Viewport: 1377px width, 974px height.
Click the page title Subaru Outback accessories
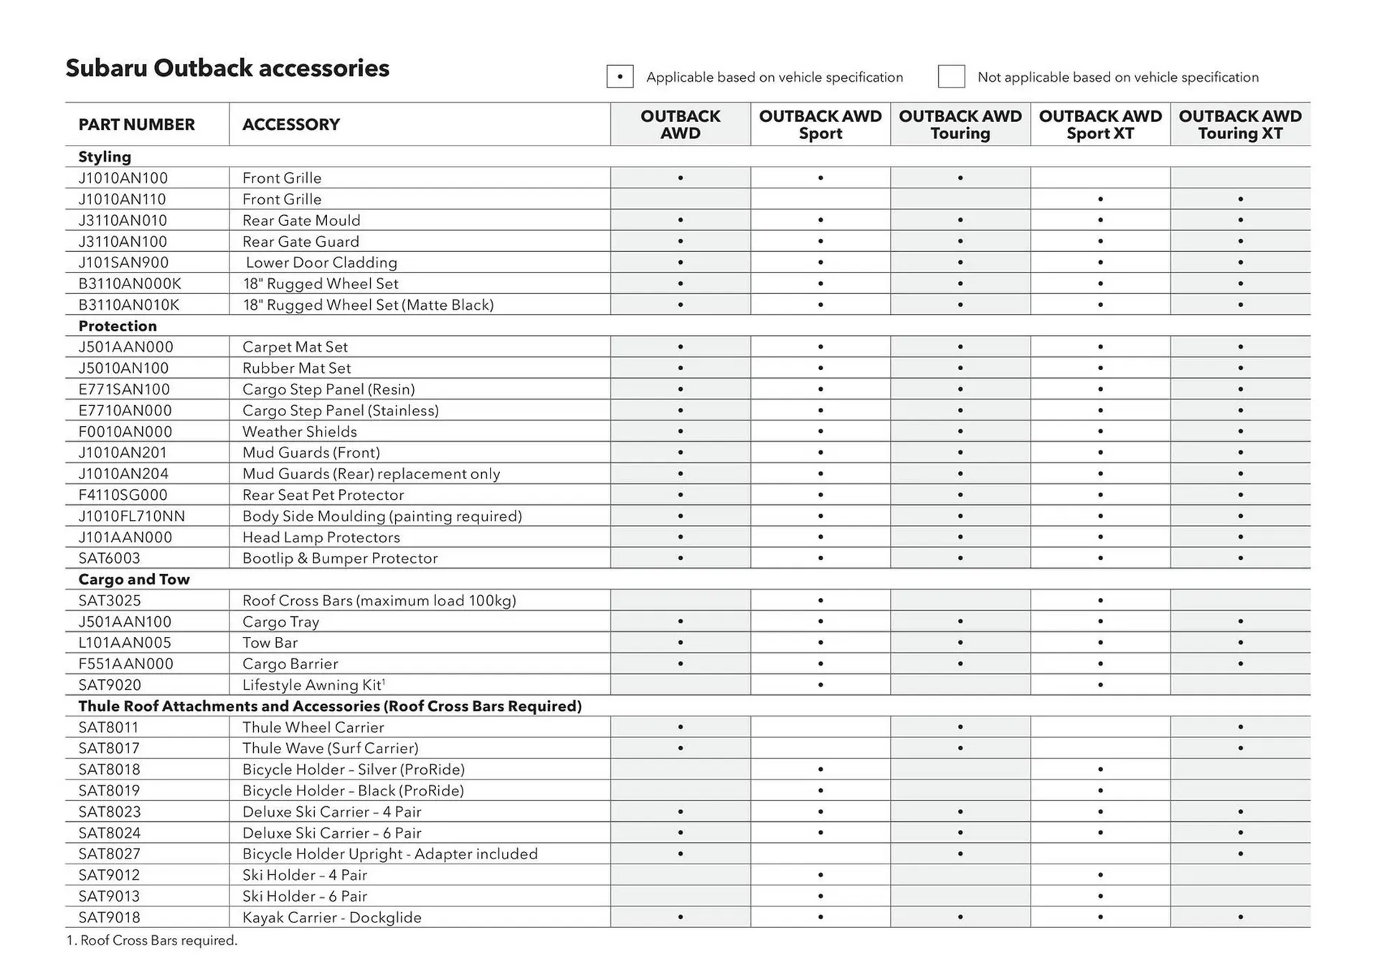(x=227, y=68)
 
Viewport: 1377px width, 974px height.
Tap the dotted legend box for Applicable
(x=620, y=77)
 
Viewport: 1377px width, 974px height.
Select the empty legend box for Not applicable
(x=951, y=77)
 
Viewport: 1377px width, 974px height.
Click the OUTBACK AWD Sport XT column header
(x=1099, y=125)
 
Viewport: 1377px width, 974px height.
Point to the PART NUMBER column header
(x=136, y=125)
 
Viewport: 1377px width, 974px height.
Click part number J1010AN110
(x=122, y=199)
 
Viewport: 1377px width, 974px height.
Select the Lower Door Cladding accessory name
(x=321, y=263)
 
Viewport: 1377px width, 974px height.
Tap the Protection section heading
(x=117, y=326)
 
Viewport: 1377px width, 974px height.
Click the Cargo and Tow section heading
(x=133, y=580)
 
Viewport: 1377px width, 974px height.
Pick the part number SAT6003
(x=109, y=558)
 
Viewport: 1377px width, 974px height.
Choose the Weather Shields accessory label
(x=299, y=432)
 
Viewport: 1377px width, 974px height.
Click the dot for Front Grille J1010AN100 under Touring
(x=960, y=178)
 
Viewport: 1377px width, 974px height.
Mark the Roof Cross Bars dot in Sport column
(x=820, y=600)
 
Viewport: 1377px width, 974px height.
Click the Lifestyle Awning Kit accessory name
(x=313, y=685)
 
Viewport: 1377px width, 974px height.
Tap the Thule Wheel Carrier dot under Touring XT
(x=1240, y=727)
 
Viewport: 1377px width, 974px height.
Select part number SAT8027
(x=109, y=854)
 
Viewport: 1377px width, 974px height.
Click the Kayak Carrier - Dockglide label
(x=331, y=917)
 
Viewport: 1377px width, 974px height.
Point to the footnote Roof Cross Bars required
(x=151, y=940)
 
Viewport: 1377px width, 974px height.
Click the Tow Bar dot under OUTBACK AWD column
(x=680, y=643)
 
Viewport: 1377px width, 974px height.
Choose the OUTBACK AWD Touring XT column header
(x=1239, y=125)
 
